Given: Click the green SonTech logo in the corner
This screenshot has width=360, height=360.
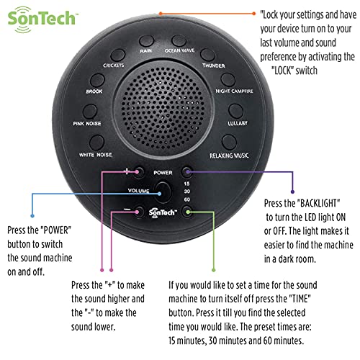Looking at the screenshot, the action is [x=41, y=19].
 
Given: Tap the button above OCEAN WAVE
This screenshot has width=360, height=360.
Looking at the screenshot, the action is [x=179, y=40].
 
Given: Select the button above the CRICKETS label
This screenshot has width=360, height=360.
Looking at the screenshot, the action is [x=117, y=55].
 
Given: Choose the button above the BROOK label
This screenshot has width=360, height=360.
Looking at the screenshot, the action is [x=97, y=80].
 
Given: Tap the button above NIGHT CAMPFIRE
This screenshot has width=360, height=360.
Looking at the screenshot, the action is [x=228, y=79].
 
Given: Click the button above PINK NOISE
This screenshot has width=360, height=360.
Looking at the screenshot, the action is [x=90, y=112].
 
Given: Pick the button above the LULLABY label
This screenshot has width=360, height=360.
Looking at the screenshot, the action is [x=236, y=111].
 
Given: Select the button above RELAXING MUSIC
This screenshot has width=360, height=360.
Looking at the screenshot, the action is [x=229, y=142].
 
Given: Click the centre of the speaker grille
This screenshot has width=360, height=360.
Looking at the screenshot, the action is [x=163, y=109].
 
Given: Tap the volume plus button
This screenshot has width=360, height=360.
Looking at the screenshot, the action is [x=139, y=172].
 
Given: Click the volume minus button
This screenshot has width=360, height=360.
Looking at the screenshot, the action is [x=139, y=212].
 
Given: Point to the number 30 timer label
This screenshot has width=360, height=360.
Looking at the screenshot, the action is [x=187, y=192].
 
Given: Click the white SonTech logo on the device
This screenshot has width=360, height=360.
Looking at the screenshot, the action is [x=163, y=213].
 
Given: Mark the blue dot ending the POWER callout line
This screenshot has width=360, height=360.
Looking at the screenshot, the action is [x=32, y=216].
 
